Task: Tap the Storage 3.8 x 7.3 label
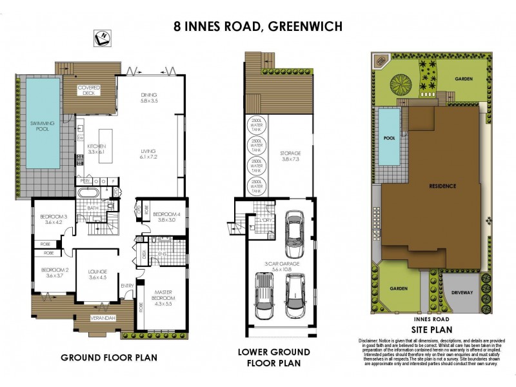(290, 156)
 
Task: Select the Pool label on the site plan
(388, 138)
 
